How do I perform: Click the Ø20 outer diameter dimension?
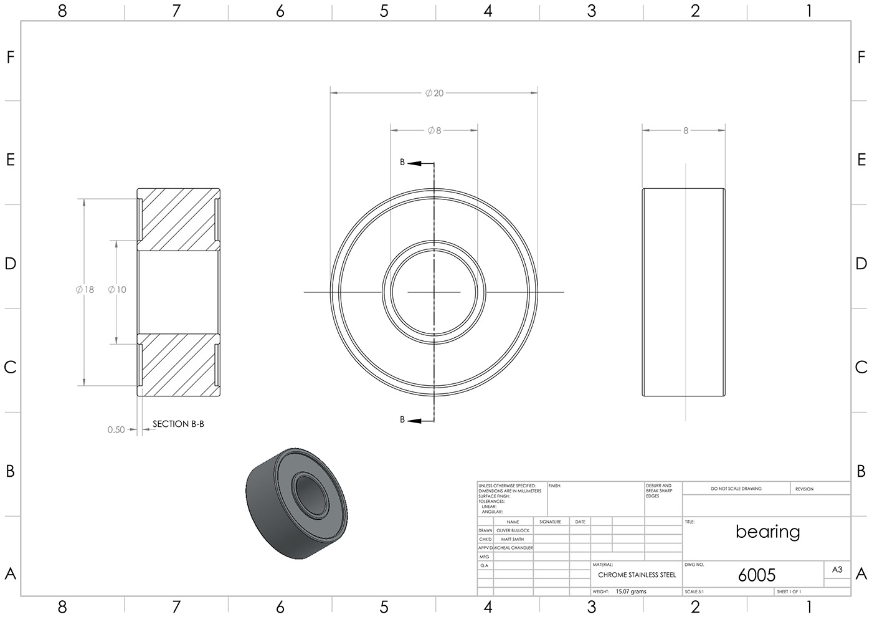(434, 93)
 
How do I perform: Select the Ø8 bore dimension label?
(434, 130)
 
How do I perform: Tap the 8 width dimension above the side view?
(686, 131)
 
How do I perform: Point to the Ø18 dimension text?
(85, 289)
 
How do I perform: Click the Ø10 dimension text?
(117, 289)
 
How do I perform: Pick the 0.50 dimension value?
(116, 429)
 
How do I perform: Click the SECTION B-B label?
(178, 424)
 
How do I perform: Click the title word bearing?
(767, 532)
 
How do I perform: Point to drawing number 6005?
(757, 575)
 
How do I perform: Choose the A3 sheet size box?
(837, 569)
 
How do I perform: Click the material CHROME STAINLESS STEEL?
(637, 575)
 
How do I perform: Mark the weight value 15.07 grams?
(630, 591)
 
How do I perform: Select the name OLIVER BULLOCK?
(513, 530)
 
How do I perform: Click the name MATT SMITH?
(513, 539)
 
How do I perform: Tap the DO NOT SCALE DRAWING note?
(736, 489)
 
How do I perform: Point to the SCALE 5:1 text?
(694, 591)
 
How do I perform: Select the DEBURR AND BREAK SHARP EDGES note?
(659, 490)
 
